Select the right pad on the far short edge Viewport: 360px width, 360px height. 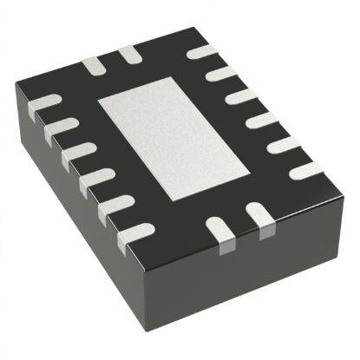[x=130, y=55]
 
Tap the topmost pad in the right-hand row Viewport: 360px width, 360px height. [x=201, y=52]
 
